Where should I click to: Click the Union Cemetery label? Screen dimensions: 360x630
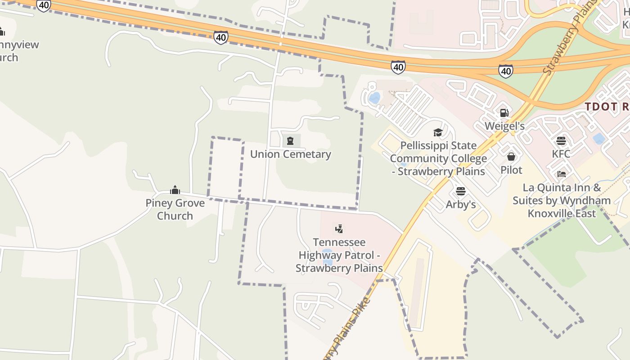pyautogui.click(x=290, y=154)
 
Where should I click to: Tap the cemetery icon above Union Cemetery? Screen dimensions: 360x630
pyautogui.click(x=290, y=141)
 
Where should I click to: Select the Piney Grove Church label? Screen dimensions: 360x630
pyautogui.click(x=175, y=209)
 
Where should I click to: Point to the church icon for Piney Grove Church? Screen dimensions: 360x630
pyautogui.click(x=175, y=190)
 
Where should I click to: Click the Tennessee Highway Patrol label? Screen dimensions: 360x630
pyautogui.click(x=339, y=255)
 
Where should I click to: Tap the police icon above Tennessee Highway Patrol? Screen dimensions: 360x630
pyautogui.click(x=339, y=229)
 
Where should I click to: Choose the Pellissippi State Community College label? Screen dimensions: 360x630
pyautogui.click(x=438, y=158)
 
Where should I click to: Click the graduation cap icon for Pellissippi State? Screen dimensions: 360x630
pyautogui.click(x=438, y=132)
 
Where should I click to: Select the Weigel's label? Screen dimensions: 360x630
pyautogui.click(x=504, y=126)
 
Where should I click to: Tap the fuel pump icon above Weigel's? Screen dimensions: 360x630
pyautogui.click(x=504, y=112)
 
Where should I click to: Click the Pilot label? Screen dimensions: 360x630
pyautogui.click(x=511, y=170)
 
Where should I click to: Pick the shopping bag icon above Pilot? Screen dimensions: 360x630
pyautogui.click(x=511, y=157)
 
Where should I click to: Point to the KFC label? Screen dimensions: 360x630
pyautogui.click(x=561, y=154)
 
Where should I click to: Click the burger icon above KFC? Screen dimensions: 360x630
pyautogui.click(x=561, y=140)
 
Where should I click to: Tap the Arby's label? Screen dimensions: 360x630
pyautogui.click(x=460, y=204)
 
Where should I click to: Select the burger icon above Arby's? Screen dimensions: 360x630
pyautogui.click(x=460, y=191)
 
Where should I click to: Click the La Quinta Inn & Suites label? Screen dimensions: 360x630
pyautogui.click(x=562, y=200)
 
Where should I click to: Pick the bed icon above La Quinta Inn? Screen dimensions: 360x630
pyautogui.click(x=562, y=174)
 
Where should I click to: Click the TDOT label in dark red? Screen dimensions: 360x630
pyautogui.click(x=607, y=107)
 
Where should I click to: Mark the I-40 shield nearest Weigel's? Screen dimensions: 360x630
pyautogui.click(x=506, y=71)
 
